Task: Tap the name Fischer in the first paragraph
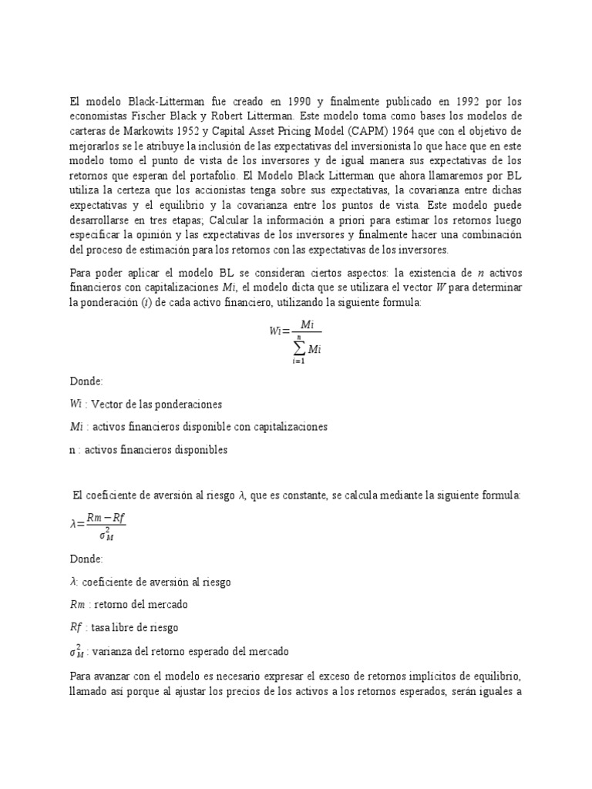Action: [147, 115]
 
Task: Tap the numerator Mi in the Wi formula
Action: [307, 326]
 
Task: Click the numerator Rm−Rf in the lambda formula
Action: [104, 518]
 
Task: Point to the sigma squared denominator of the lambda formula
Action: [103, 534]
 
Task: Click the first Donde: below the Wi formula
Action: [86, 381]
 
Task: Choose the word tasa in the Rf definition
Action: [103, 628]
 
